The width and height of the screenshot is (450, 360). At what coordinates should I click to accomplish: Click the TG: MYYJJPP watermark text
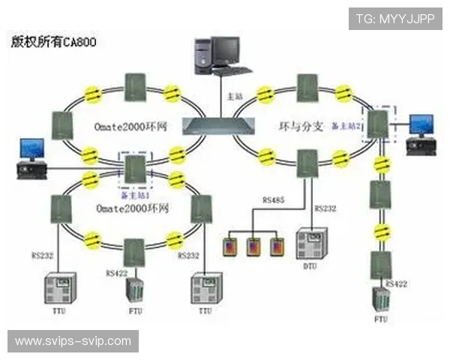pyautogui.click(x=394, y=17)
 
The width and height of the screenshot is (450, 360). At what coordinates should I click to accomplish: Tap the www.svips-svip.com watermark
pyautogui.click(x=73, y=341)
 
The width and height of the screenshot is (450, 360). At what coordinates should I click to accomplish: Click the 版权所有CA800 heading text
pyautogui.click(x=53, y=42)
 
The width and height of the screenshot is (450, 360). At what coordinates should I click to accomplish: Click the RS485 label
pyautogui.click(x=272, y=201)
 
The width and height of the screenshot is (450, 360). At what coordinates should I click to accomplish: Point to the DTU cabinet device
pyautogui.click(x=310, y=244)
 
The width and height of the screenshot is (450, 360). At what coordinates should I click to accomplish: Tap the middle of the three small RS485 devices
pyautogui.click(x=253, y=246)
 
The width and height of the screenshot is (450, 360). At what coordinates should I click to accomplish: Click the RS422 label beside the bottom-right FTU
pyautogui.click(x=397, y=283)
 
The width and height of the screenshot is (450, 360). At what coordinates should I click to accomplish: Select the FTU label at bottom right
pyautogui.click(x=381, y=320)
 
